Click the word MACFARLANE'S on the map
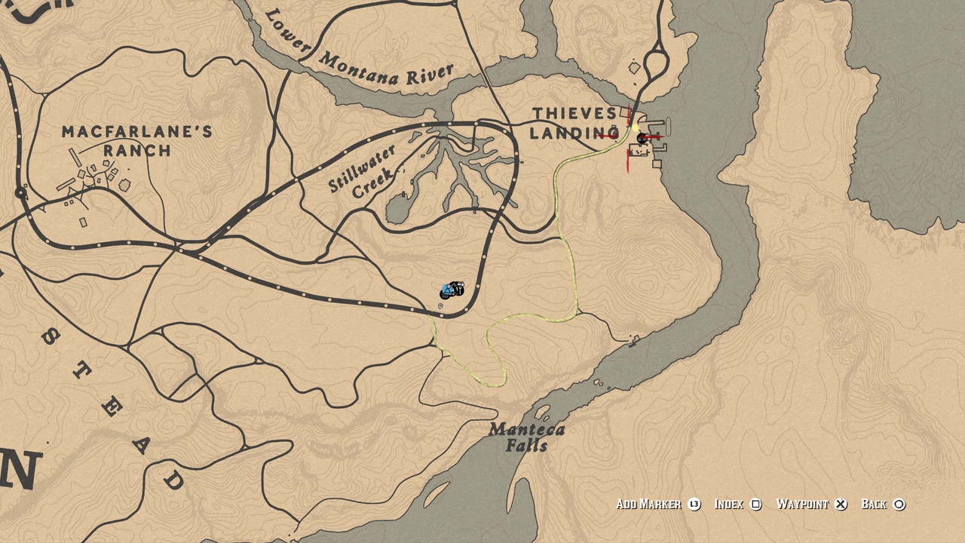136,132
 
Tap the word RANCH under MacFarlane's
137,150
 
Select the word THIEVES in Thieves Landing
574,114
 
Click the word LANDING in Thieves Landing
574,133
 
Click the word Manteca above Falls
526,430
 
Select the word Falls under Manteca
527,446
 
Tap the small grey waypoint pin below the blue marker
440,305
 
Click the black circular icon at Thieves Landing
642,138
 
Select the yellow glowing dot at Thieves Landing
636,133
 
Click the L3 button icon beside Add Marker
694,505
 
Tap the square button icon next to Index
756,505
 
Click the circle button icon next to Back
899,505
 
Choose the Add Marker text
648,505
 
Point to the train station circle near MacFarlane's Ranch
21,194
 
